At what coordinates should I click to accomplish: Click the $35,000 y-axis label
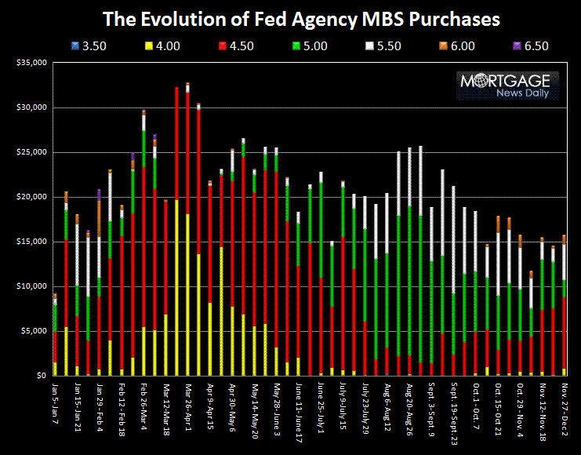(30, 62)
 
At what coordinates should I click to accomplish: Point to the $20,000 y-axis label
(30, 197)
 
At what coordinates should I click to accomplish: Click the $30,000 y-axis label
(30, 107)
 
